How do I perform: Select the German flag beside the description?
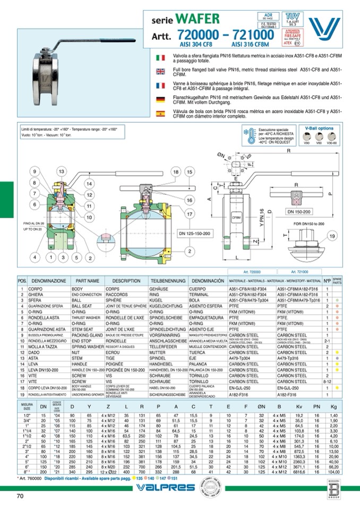(160, 99)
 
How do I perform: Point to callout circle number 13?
(62, 171)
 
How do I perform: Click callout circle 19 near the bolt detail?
(332, 236)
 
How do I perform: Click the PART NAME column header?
(87, 280)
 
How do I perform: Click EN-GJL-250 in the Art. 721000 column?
(290, 388)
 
